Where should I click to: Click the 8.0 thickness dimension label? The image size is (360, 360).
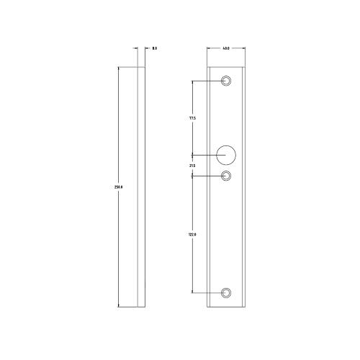click(x=155, y=48)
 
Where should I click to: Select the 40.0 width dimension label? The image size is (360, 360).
click(x=226, y=48)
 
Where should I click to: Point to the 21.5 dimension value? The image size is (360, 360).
click(x=192, y=166)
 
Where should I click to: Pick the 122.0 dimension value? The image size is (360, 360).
click(x=192, y=234)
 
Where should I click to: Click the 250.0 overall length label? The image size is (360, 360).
click(x=119, y=187)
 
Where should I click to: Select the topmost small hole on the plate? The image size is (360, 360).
click(x=227, y=80)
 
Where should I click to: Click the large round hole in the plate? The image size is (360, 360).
click(x=227, y=154)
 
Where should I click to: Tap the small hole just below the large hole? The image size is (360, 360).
click(x=227, y=175)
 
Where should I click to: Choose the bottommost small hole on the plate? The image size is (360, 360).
click(x=227, y=292)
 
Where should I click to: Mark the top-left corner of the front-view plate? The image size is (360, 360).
click(x=207, y=67)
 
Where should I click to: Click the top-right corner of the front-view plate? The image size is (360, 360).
click(x=246, y=67)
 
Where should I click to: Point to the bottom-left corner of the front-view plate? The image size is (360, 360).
click(x=207, y=307)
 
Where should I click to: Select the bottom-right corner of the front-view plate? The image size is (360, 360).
click(x=246, y=307)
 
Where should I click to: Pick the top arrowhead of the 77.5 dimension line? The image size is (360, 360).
click(x=192, y=81)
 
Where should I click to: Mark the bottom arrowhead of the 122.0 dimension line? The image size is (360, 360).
click(x=192, y=291)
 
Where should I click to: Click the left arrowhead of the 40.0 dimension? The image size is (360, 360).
click(x=209, y=48)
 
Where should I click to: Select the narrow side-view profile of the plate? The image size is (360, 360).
click(x=142, y=187)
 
